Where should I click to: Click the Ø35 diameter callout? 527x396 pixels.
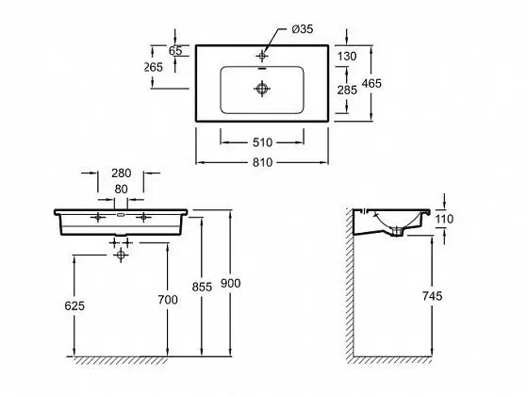pyautogui.click(x=303, y=29)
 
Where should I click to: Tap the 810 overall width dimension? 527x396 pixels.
pyautogui.click(x=262, y=163)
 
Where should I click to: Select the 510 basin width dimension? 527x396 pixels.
pyautogui.click(x=262, y=143)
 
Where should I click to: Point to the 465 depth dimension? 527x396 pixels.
pyautogui.click(x=371, y=83)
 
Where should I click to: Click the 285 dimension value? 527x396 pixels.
pyautogui.click(x=347, y=91)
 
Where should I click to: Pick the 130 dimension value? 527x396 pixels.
pyautogui.click(x=347, y=57)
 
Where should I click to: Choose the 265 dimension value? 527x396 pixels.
pyautogui.click(x=154, y=67)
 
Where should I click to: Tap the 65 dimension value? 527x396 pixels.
pyautogui.click(x=175, y=51)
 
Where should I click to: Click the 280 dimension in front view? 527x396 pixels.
pyautogui.click(x=121, y=173)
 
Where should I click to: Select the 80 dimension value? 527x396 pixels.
pyautogui.click(x=121, y=190)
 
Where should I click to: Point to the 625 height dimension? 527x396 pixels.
pyautogui.click(x=74, y=305)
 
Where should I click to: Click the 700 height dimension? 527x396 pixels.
pyautogui.click(x=168, y=300)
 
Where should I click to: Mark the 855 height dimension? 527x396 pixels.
pyautogui.click(x=202, y=287)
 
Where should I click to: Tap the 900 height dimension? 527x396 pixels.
pyautogui.click(x=231, y=284)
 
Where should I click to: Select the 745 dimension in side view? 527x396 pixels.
pyautogui.click(x=432, y=296)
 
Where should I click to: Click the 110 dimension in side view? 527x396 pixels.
pyautogui.click(x=444, y=219)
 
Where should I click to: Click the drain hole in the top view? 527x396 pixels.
pyautogui.click(x=262, y=89)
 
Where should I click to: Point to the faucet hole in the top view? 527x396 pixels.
pyautogui.click(x=262, y=56)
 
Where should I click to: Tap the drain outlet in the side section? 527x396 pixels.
pyautogui.click(x=397, y=232)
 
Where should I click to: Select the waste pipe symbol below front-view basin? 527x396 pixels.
pyautogui.click(x=121, y=255)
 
